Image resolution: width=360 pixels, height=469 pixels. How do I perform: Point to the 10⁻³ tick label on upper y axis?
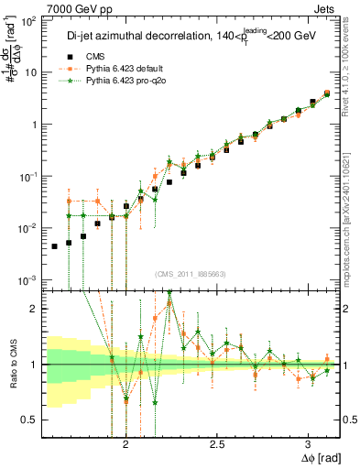[28, 279]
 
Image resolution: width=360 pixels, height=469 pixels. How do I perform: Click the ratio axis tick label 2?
[34, 309]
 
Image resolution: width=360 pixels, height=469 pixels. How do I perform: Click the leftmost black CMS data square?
[54, 246]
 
